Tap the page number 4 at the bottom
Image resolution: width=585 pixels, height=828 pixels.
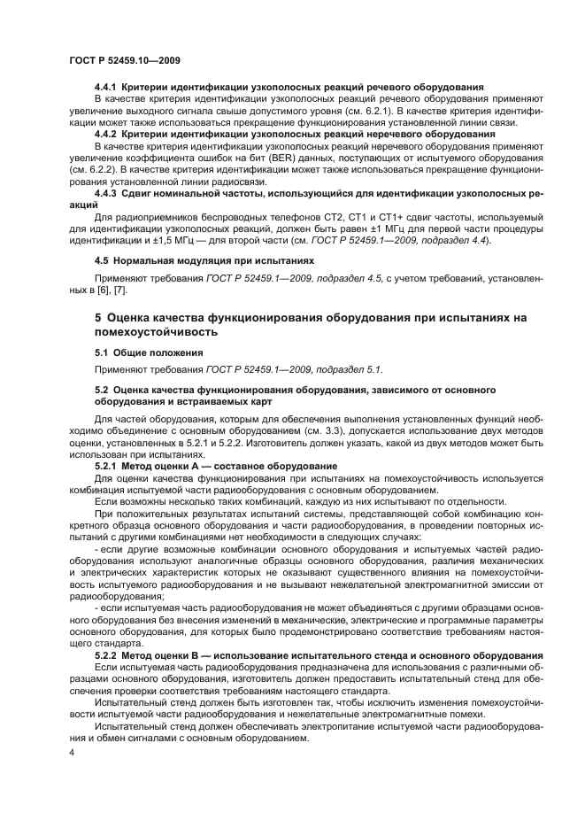pos(72,751)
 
